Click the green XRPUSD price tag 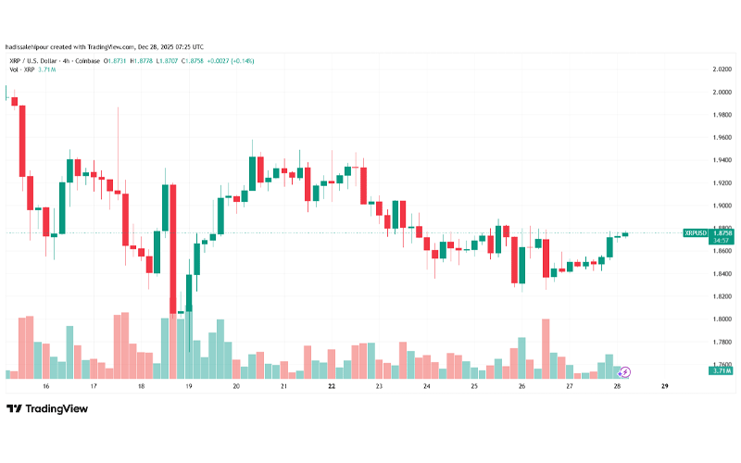pyautogui.click(x=695, y=232)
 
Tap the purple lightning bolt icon pyautogui.click(x=625, y=372)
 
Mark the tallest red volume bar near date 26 pyautogui.click(x=546, y=348)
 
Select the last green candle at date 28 pyautogui.click(x=625, y=234)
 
